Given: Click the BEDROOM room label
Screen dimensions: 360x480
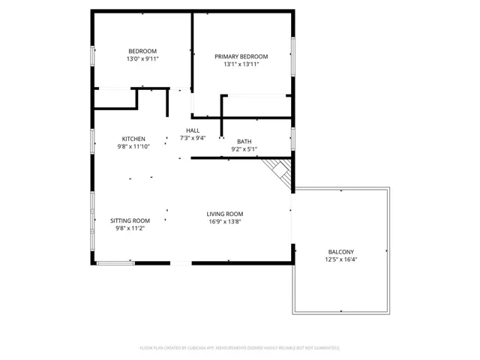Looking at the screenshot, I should pos(142,51).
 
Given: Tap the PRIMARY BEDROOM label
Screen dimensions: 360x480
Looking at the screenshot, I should pos(241,56).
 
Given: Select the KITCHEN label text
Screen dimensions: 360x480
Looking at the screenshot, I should pos(133,139).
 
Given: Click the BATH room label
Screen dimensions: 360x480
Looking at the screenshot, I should pos(244,141).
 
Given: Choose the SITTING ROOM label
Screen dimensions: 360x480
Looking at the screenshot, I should pos(130,220).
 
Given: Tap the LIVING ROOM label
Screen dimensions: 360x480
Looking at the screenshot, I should pos(225,214).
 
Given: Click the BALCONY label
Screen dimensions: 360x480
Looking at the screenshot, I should pos(340,252).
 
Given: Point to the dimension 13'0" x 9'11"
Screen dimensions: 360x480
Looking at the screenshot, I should pos(142,58).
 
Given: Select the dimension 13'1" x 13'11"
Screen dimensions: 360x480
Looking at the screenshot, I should pos(241,64).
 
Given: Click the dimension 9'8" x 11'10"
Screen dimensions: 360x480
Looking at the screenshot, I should pos(133,147).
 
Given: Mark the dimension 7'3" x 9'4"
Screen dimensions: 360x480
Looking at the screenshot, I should pos(193,138).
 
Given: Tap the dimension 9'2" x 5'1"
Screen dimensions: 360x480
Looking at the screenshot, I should pos(244,149).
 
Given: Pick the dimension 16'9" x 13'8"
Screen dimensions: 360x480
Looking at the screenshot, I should pos(225,222).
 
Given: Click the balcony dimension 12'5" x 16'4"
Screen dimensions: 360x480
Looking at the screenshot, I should pos(340,260).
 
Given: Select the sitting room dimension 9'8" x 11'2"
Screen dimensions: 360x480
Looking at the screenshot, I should pos(130,228).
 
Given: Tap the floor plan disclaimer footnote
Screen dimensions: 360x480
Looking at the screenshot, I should pos(240,348).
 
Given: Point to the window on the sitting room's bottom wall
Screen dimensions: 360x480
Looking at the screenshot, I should pos(115,262).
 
